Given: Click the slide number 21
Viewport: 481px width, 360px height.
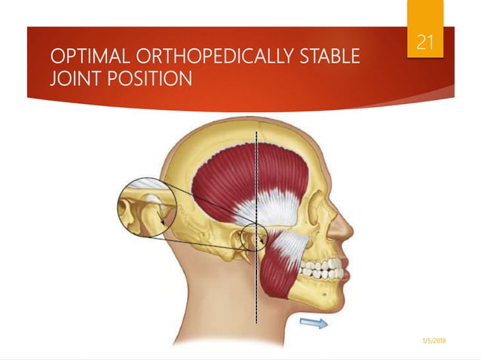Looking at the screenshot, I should (426, 43).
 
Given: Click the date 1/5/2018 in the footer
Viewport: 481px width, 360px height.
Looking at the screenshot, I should (433, 341).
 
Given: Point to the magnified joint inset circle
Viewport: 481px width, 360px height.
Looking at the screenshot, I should (146, 211).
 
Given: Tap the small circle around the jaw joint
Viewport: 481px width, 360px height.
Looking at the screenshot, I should (252, 239).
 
